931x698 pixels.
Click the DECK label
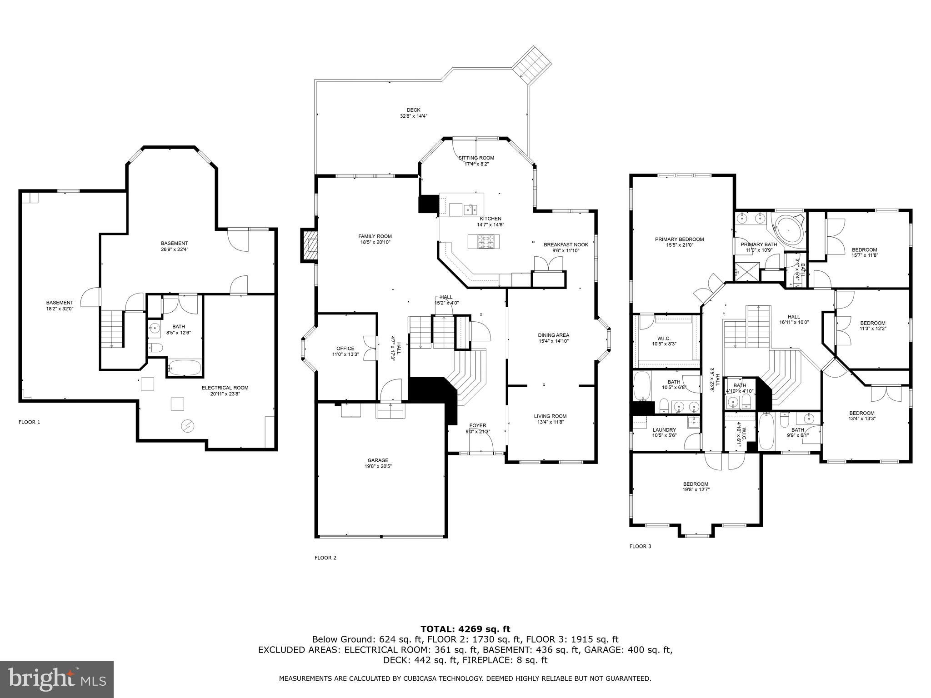point(413,110)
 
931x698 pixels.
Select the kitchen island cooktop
point(484,241)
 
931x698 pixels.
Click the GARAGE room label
point(378,460)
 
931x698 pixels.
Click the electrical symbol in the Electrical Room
point(187,426)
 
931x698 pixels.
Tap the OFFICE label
point(345,349)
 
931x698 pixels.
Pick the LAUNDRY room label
point(664,430)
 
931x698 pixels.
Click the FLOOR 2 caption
point(325,558)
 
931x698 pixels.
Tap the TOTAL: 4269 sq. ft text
point(465,629)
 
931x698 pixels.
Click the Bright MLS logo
point(57,679)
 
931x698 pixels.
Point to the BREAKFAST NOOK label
point(566,244)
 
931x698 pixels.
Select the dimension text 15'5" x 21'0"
point(679,245)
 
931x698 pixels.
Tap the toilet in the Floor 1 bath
point(156,348)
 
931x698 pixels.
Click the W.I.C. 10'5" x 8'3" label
point(664,341)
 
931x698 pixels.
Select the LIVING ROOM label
point(550,416)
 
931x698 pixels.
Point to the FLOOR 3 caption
point(640,546)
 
